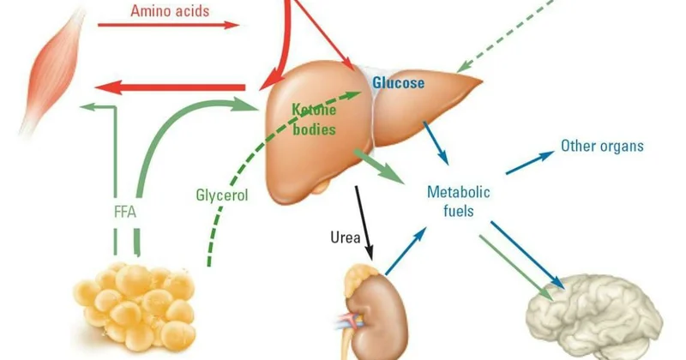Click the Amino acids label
pyautogui.click(x=170, y=10)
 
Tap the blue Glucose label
pyautogui.click(x=398, y=82)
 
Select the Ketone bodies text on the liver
pyautogui.click(x=314, y=119)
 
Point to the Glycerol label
pyautogui.click(x=222, y=195)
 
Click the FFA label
pyautogui.click(x=125, y=213)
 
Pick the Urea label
pyautogui.click(x=346, y=237)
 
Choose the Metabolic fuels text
pyautogui.click(x=459, y=201)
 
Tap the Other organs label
pyautogui.click(x=602, y=146)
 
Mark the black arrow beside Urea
pyautogui.click(x=364, y=223)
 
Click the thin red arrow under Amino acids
pyautogui.click(x=168, y=25)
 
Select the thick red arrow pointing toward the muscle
pyautogui.click(x=170, y=87)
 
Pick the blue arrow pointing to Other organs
pyautogui.click(x=530, y=162)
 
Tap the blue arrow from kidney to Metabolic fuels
pyautogui.click(x=405, y=251)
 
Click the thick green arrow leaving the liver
pyautogui.click(x=379, y=166)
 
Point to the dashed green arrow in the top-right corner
pyautogui.click(x=505, y=36)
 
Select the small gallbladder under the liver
pyautogui.click(x=322, y=187)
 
